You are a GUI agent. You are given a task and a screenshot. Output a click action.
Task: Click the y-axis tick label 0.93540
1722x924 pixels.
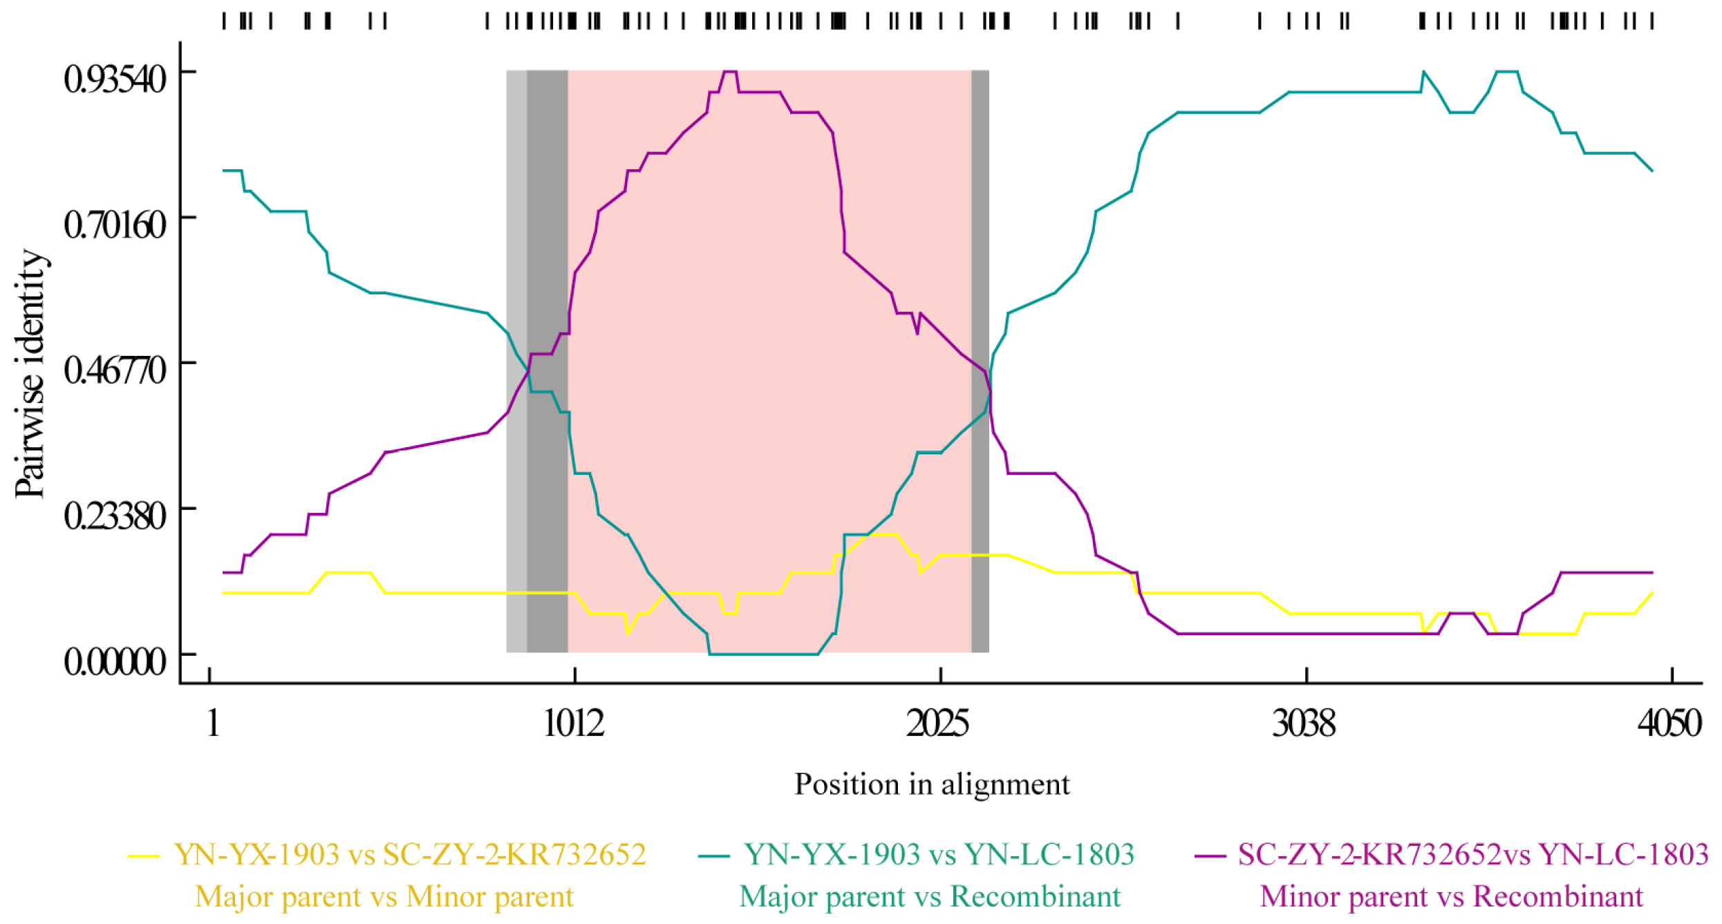pyautogui.click(x=115, y=79)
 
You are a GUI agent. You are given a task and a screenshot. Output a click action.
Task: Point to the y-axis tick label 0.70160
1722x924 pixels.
pyautogui.click(x=115, y=225)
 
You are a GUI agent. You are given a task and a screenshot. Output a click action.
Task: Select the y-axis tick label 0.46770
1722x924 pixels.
pyautogui.click(x=115, y=370)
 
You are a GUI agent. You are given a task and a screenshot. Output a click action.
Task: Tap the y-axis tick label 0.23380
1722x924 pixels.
pyautogui.click(x=115, y=516)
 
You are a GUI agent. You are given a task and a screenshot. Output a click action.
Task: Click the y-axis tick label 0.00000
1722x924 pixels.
pyautogui.click(x=115, y=662)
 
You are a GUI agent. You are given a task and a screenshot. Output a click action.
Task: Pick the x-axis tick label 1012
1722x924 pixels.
pyautogui.click(x=574, y=724)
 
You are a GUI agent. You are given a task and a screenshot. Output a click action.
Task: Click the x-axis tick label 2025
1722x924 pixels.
pyautogui.click(x=938, y=724)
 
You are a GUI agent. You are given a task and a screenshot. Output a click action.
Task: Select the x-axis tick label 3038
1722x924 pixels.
pyautogui.click(x=1304, y=724)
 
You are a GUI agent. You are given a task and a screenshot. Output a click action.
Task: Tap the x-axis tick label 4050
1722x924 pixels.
pyautogui.click(x=1669, y=724)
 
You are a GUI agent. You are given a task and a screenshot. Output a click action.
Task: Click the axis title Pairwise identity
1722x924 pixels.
pyautogui.click(x=31, y=374)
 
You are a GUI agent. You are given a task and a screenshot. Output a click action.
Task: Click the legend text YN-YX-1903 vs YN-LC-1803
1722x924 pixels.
pyautogui.click(x=939, y=856)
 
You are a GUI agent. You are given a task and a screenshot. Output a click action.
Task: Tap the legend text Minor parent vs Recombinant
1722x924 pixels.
pyautogui.click(x=1451, y=897)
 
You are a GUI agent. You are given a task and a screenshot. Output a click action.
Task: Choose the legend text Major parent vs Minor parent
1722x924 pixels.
pyautogui.click(x=384, y=897)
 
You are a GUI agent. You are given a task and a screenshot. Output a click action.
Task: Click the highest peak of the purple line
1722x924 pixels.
pyautogui.click(x=729, y=72)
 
